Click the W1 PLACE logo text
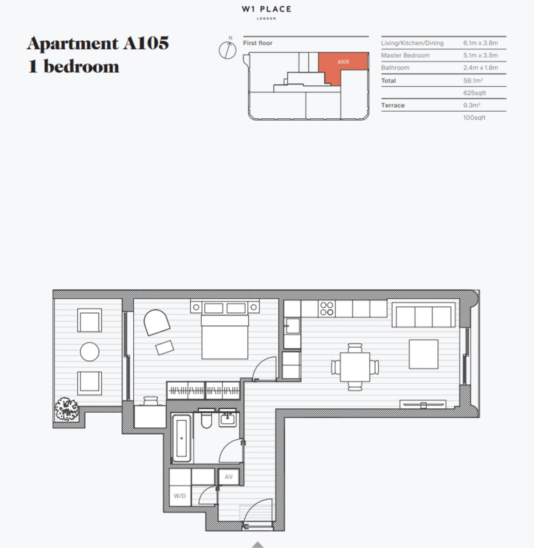tap(267, 9)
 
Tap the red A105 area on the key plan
tap(343, 62)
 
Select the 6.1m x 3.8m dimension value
tap(480, 43)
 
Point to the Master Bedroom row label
tap(405, 55)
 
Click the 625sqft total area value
tap(474, 93)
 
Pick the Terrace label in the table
tap(393, 105)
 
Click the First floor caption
tap(257, 43)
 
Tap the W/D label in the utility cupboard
tap(180, 496)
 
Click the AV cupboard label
tap(229, 477)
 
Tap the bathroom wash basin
tap(227, 418)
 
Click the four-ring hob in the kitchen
tap(327, 309)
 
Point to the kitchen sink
tap(291, 326)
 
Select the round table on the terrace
tap(89, 352)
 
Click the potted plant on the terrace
tap(67, 409)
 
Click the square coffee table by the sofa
tap(423, 354)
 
